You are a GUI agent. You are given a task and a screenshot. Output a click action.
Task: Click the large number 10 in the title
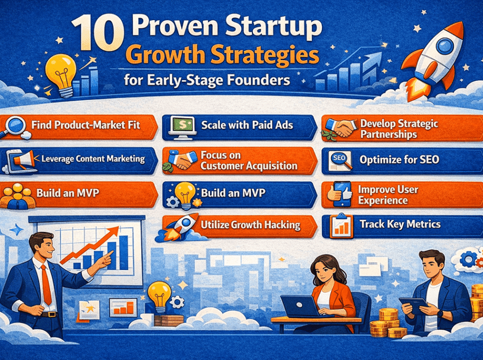[98, 34]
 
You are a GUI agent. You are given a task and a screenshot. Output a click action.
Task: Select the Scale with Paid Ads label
[247, 125]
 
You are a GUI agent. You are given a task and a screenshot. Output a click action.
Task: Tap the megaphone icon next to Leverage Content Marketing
[23, 160]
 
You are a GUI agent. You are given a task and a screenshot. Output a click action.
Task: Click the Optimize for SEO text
[399, 159]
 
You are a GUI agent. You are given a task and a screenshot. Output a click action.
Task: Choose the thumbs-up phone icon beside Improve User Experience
[340, 194]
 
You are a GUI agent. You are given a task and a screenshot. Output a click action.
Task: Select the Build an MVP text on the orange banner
[68, 193]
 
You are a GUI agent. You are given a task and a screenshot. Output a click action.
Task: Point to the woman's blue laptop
[300, 306]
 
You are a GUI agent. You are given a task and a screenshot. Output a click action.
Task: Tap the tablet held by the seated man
[414, 305]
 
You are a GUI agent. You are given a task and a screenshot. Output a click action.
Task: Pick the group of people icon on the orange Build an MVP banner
[17, 196]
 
